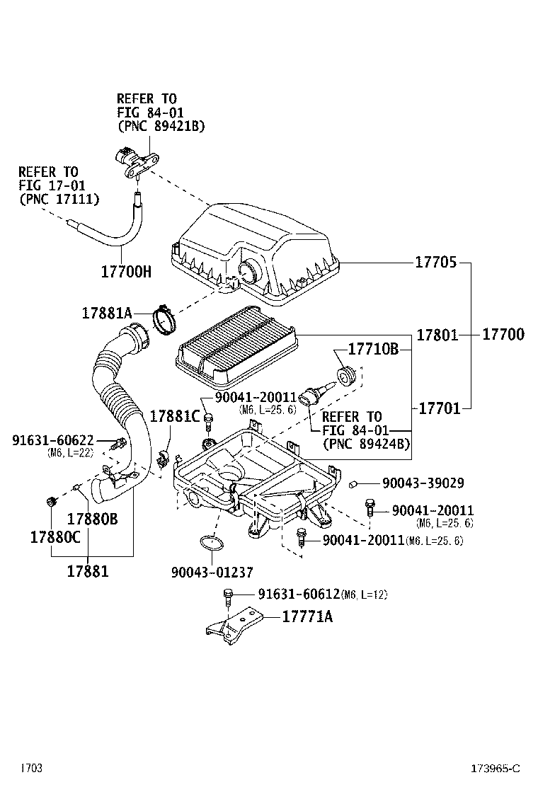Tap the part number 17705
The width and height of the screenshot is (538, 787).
pyautogui.click(x=435, y=263)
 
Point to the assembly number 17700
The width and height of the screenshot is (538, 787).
pyautogui.click(x=503, y=334)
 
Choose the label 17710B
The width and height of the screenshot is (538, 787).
pyautogui.click(x=373, y=350)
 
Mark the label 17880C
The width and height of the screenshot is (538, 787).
pyautogui.click(x=55, y=537)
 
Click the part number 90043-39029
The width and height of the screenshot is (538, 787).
pyautogui.click(x=423, y=483)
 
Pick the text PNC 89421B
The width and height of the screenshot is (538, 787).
pyautogui.click(x=161, y=127)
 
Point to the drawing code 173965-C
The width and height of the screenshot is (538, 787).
pyautogui.click(x=496, y=768)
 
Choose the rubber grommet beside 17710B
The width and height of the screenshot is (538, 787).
pyautogui.click(x=346, y=376)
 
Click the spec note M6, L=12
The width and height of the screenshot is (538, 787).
pyautogui.click(x=364, y=594)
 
